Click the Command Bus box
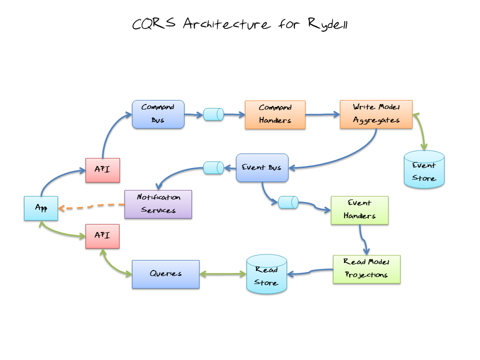pyautogui.click(x=158, y=114)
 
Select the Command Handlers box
pyautogui.click(x=275, y=114)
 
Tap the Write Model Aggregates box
pyautogui.click(x=376, y=114)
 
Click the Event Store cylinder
pyautogui.click(x=424, y=170)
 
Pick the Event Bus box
pyautogui.click(x=262, y=167)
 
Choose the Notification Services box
pyautogui.click(x=158, y=204)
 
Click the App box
pyautogui.click(x=41, y=208)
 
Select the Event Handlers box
pyautogui.click(x=359, y=210)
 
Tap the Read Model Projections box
pyautogui.click(x=366, y=269)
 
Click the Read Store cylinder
pyautogui.click(x=266, y=274)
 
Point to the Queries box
pyautogui.click(x=165, y=274)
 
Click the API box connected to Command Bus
pyautogui.click(x=102, y=170)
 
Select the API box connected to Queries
pyautogui.click(x=102, y=236)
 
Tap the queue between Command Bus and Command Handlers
pyautogui.click(x=213, y=114)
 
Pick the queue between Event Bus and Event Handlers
pyautogui.click(x=288, y=202)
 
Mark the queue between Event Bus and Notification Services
pyautogui.click(x=213, y=168)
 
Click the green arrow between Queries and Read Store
pyautogui.click(x=223, y=274)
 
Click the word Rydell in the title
pyautogui.click(x=328, y=24)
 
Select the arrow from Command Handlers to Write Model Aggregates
pyautogui.click(x=322, y=114)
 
